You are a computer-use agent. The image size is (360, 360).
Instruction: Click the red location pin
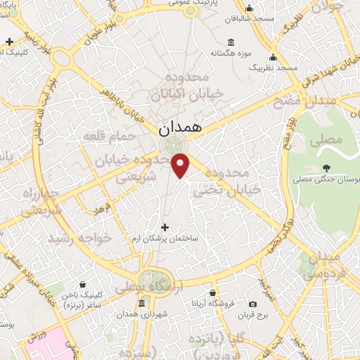[x=181, y=166]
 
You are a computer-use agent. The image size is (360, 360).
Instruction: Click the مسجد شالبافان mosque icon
[x=247, y=9]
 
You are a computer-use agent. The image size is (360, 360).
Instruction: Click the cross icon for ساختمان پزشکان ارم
[x=165, y=227]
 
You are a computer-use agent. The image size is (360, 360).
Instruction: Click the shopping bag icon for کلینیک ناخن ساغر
[x=83, y=285]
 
